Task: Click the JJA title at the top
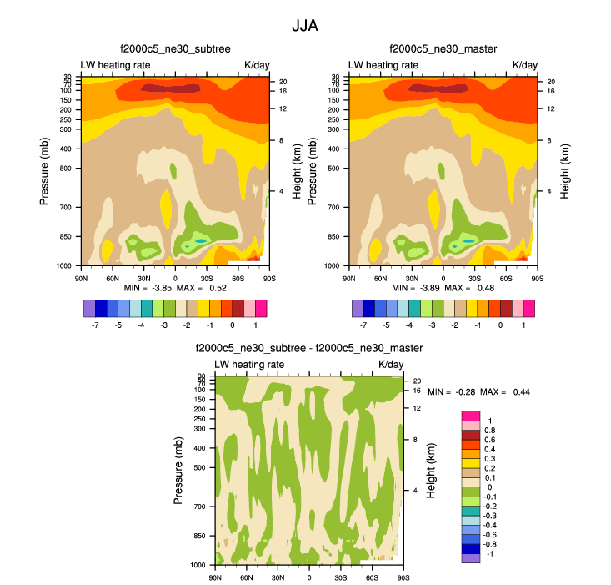[305, 26]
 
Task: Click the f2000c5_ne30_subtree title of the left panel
[174, 49]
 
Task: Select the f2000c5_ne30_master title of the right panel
[443, 49]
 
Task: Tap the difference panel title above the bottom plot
[309, 348]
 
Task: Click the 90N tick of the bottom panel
[216, 577]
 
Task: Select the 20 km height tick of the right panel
[551, 82]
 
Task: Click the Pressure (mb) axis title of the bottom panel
[178, 470]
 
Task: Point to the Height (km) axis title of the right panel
[564, 170]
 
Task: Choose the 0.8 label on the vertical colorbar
[489, 430]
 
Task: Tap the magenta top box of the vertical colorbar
[470, 415]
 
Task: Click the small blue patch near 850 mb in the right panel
[469, 240]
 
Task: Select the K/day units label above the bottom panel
[391, 365]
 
